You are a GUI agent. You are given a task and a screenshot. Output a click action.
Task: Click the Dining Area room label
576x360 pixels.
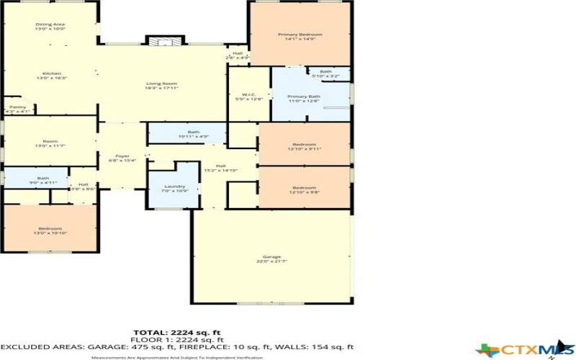click(x=50, y=27)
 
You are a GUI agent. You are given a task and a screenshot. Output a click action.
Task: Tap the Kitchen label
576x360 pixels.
click(x=51, y=76)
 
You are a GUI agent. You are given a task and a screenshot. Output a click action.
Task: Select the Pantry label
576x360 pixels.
click(x=17, y=109)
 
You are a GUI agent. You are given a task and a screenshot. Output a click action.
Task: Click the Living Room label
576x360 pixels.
click(x=161, y=85)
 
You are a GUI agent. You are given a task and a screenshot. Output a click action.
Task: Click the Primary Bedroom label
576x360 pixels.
click(x=300, y=37)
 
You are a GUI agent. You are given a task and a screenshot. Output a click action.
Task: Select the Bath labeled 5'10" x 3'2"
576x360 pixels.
click(x=325, y=73)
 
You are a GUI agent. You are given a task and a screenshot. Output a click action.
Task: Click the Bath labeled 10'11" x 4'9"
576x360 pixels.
click(x=193, y=134)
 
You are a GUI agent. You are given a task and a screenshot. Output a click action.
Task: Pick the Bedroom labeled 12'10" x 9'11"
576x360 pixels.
click(x=305, y=146)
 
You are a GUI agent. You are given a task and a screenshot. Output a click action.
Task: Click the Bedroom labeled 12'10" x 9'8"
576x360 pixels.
click(x=305, y=190)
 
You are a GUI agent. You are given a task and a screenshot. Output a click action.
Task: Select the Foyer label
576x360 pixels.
click(x=122, y=158)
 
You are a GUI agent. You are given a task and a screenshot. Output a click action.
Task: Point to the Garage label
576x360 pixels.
click(x=272, y=260)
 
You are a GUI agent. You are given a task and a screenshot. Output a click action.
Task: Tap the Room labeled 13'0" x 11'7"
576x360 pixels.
click(x=50, y=143)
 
